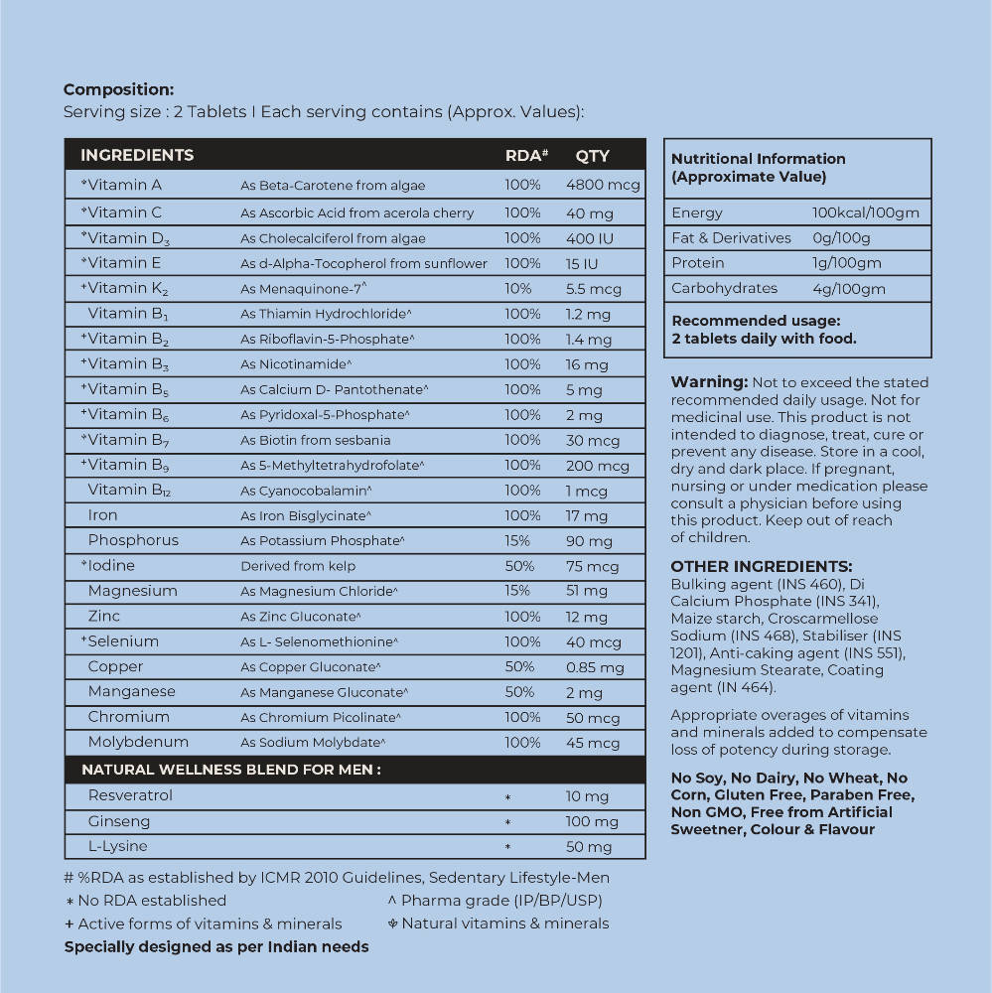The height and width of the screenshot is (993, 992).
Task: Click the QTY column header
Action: click(592, 155)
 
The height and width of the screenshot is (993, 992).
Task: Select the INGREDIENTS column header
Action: click(137, 155)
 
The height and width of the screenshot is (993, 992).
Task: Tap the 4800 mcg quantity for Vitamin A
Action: click(603, 186)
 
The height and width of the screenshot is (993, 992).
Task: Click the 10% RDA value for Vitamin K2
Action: click(517, 288)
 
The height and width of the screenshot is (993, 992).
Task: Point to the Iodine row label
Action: click(111, 565)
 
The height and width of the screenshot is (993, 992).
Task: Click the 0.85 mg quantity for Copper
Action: click(595, 667)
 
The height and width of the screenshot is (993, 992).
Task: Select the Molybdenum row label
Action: click(138, 742)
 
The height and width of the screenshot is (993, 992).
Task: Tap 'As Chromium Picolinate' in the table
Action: click(321, 717)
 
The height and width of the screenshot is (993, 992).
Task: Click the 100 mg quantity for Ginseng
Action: click(592, 821)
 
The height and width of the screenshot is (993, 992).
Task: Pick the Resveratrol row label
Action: click(130, 795)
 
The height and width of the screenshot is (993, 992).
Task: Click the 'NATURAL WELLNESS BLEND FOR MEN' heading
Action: click(231, 770)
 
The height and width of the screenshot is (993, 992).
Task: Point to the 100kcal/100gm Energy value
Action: click(865, 213)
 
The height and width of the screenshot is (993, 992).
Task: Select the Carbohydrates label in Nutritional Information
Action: click(724, 288)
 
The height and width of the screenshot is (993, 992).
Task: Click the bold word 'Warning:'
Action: click(709, 382)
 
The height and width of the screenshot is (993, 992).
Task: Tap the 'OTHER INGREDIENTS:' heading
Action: click(761, 567)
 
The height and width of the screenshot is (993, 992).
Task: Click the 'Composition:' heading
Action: click(118, 89)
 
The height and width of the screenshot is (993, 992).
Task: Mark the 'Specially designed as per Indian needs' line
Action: click(216, 946)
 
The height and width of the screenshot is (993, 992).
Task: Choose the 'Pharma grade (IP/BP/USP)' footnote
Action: click(500, 901)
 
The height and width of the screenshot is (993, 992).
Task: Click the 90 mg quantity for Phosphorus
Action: click(589, 541)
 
